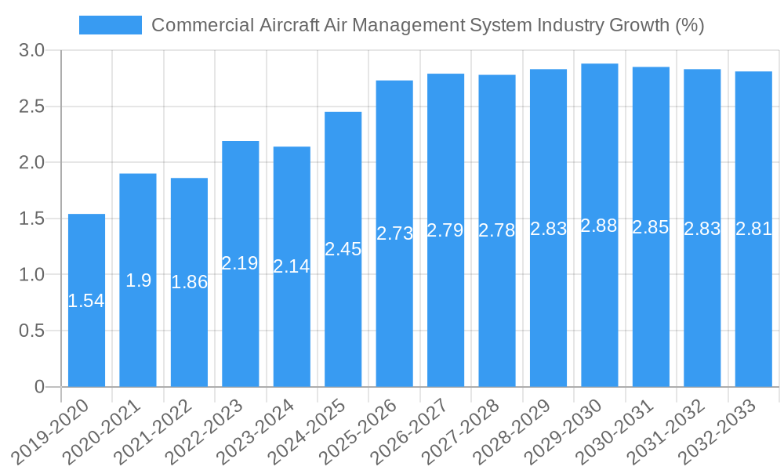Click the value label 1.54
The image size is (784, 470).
click(x=86, y=301)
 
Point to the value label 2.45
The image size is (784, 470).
click(x=343, y=249)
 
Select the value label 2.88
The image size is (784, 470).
click(x=599, y=226)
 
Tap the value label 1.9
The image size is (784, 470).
click(x=138, y=280)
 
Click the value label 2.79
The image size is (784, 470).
click(x=445, y=230)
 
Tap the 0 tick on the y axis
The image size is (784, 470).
click(x=40, y=387)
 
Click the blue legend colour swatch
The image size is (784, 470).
click(x=111, y=25)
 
